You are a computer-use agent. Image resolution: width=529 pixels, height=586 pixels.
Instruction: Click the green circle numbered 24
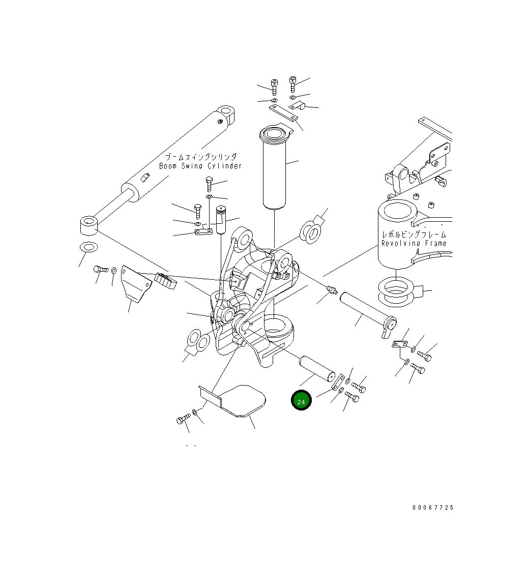301,400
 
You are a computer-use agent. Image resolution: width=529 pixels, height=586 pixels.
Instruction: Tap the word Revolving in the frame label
401,244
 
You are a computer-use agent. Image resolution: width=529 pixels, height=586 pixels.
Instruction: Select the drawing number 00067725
433,508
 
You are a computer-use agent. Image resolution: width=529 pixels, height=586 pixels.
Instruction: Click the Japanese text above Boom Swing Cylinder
201,157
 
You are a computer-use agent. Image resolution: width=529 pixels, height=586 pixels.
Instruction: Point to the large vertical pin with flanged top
275,170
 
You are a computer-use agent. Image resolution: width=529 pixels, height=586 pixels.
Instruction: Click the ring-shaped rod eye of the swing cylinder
89,225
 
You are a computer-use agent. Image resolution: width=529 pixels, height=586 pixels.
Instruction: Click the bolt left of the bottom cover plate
183,420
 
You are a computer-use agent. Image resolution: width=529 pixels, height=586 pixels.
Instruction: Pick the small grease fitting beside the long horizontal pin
332,290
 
